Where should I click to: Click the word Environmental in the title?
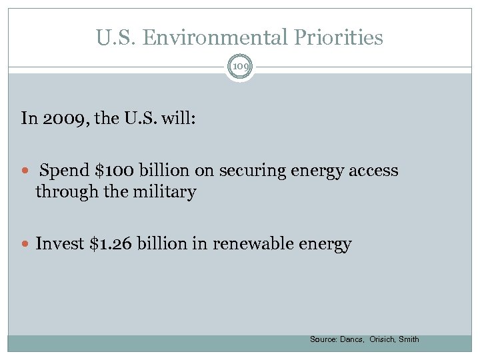pyautogui.click(x=218, y=37)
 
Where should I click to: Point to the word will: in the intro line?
pyautogui.click(x=178, y=119)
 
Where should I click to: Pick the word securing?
pyautogui.click(x=250, y=171)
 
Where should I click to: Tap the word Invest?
pyautogui.click(x=59, y=244)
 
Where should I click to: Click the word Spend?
pyautogui.click(x=66, y=171)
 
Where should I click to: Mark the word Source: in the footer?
pyautogui.click(x=323, y=339)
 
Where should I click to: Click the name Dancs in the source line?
pyautogui.click(x=352, y=339)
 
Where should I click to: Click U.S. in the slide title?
pyautogui.click(x=115, y=37)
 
